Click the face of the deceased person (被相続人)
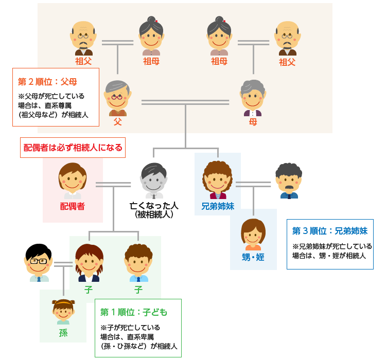coord(154,181)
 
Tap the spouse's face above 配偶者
coord(73,181)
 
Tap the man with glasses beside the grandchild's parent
coord(39,262)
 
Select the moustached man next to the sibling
coord(289,181)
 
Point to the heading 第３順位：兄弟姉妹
coord(329,230)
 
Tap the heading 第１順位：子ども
coord(134,312)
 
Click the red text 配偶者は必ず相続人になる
coord(73,148)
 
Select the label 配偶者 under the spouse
coord(73,206)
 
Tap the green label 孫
coord(63,332)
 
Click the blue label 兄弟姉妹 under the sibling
coord(218,206)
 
